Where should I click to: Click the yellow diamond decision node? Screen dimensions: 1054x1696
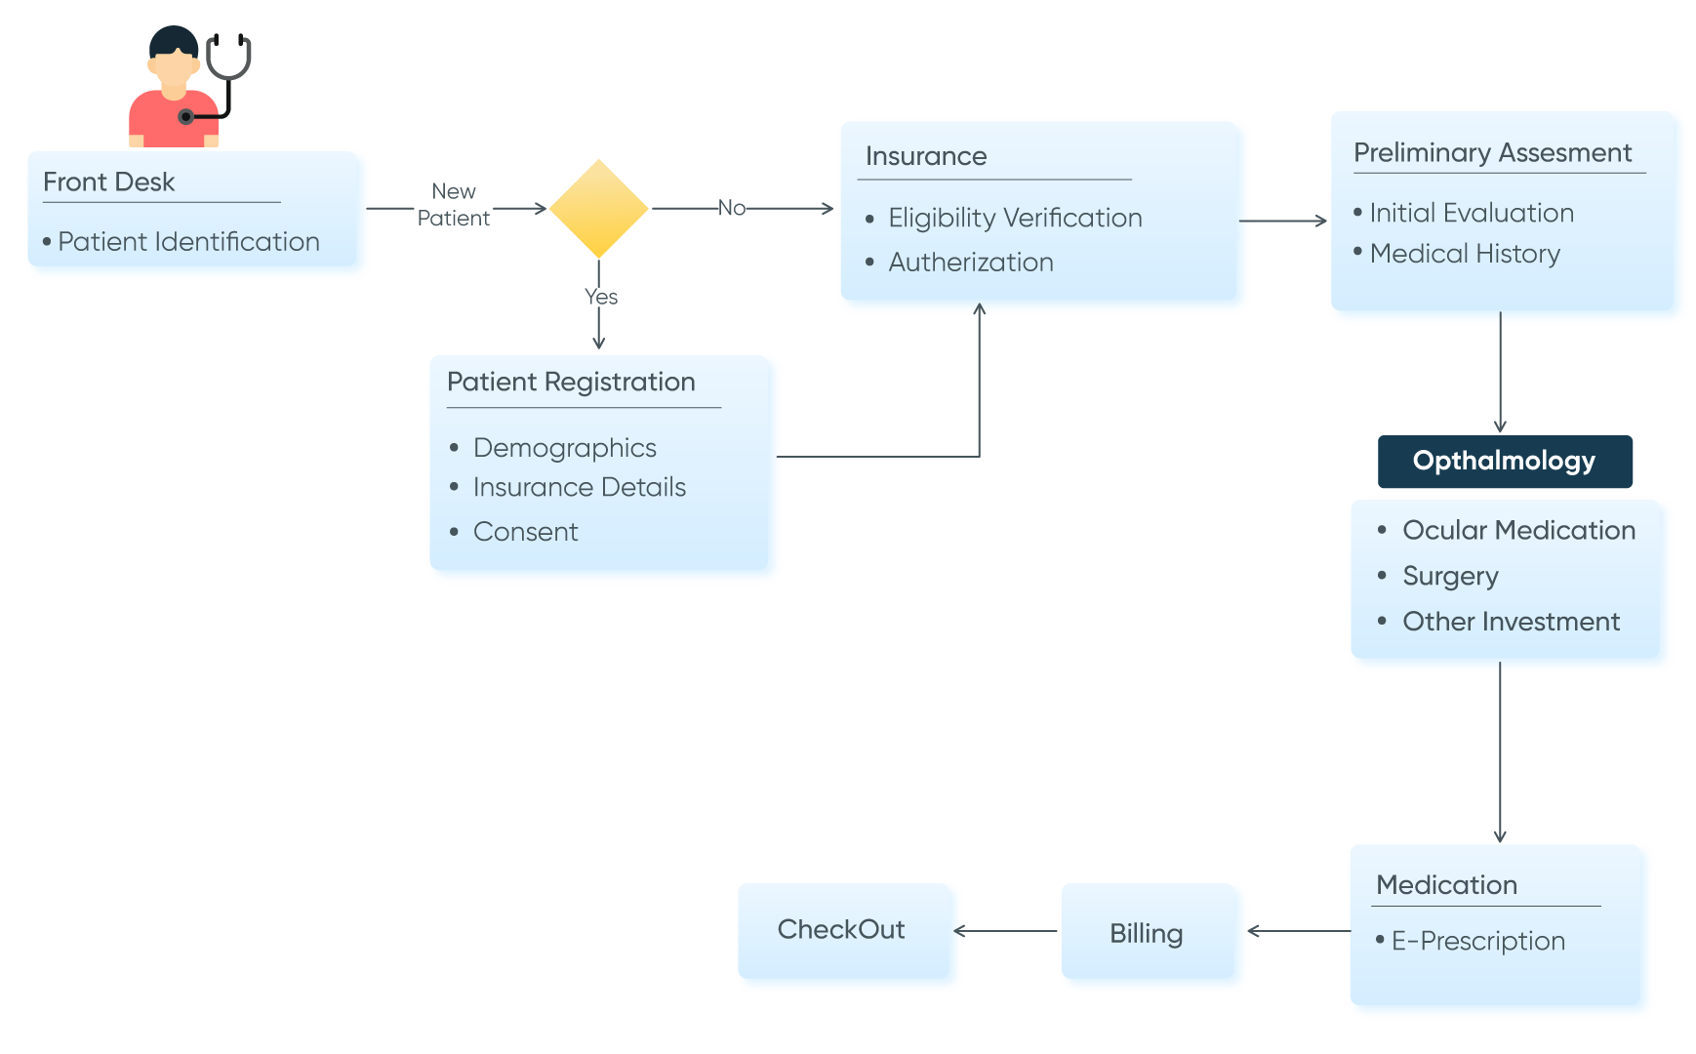coord(598,208)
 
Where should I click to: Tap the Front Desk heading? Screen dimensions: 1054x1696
coord(109,182)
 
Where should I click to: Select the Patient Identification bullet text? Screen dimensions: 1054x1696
coord(188,242)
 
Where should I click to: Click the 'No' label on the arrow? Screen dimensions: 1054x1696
coord(732,208)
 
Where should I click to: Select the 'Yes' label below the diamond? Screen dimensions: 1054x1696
coord(601,297)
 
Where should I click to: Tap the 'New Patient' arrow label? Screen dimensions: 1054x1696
coord(454,205)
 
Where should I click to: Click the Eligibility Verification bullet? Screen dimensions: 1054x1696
coord(1015,218)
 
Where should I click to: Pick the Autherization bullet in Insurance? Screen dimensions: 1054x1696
coord(971,263)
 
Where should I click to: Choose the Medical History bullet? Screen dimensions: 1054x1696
coord(1465,254)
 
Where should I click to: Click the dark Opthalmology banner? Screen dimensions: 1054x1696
coord(1504,462)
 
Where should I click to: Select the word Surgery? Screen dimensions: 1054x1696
coord(1450,576)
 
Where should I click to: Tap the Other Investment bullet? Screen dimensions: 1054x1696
coord(1511,622)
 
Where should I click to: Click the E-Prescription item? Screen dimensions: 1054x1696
coord(1477,941)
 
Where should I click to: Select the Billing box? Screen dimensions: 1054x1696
coord(1147,934)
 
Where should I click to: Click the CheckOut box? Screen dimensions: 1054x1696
coord(841,930)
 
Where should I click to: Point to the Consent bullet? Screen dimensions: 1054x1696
coord(525,532)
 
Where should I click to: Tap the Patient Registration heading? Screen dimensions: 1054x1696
coord(571,382)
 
